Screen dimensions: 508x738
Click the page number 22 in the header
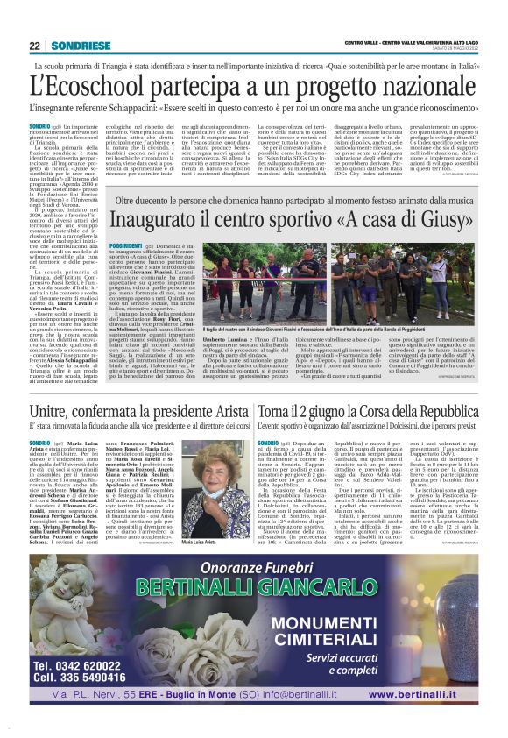point(34,46)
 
